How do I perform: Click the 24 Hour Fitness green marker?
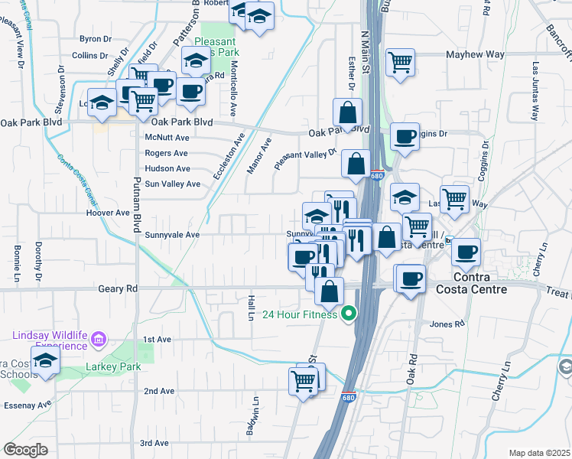(x=349, y=313)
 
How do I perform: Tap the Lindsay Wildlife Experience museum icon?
(x=98, y=339)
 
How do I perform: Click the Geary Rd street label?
(x=118, y=289)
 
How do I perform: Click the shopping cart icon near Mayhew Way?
(x=401, y=63)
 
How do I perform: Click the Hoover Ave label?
(x=108, y=213)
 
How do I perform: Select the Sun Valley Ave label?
(x=173, y=184)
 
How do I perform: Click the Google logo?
(x=25, y=450)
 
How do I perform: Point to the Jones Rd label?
(x=447, y=324)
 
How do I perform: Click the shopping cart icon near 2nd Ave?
(x=304, y=379)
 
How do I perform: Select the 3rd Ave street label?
(x=154, y=443)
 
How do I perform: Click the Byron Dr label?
(x=96, y=38)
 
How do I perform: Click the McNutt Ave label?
(x=167, y=138)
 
